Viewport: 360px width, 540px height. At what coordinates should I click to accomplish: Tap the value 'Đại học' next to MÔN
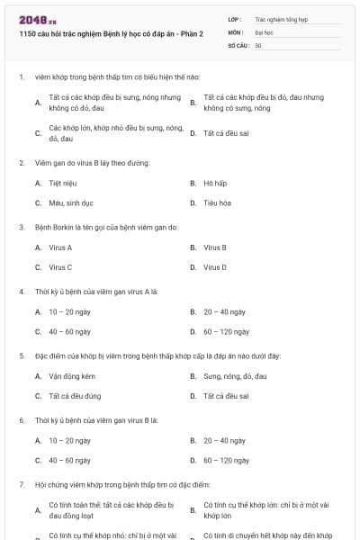[264, 31]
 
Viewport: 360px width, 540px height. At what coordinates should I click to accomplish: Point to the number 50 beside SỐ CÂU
[258, 44]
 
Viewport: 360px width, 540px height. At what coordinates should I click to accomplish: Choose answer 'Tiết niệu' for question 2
[62, 183]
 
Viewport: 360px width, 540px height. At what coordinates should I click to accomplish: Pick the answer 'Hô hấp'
[215, 183]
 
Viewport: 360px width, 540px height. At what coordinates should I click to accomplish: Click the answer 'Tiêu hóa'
[217, 203]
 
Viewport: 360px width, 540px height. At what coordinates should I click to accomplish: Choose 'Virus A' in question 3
[60, 247]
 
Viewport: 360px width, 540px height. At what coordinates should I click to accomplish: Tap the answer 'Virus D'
[215, 267]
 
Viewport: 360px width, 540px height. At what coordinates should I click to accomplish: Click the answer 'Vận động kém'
[72, 375]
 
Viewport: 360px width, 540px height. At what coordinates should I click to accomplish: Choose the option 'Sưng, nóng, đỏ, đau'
[235, 375]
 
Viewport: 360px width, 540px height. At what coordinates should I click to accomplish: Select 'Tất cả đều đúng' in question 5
[75, 396]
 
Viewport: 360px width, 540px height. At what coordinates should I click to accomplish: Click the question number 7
[21, 483]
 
